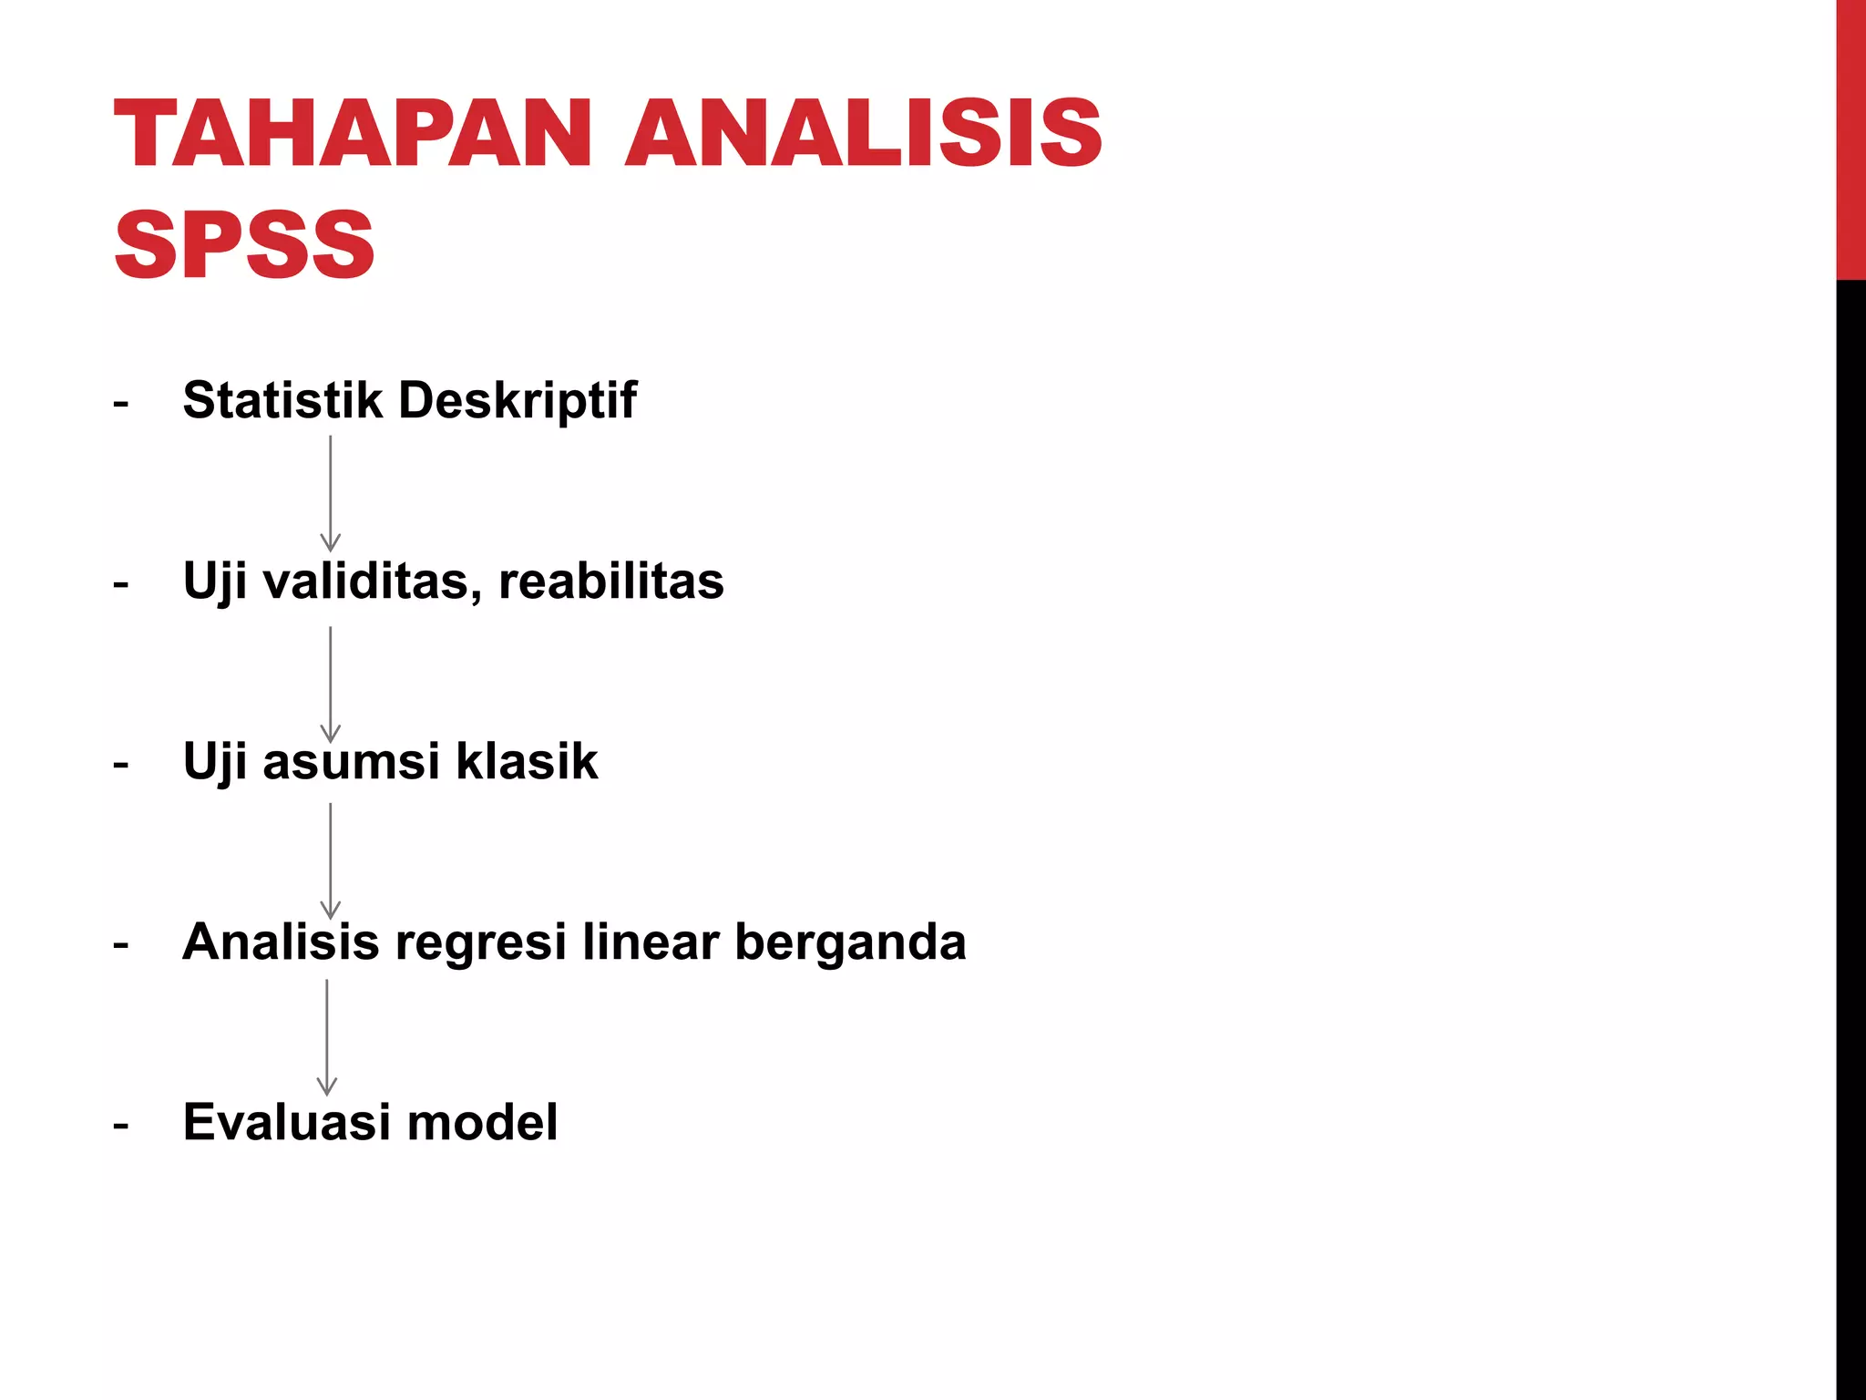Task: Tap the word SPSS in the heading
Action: click(x=244, y=244)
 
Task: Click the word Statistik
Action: click(x=282, y=400)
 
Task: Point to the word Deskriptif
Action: click(x=518, y=400)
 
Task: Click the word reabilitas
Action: click(x=611, y=581)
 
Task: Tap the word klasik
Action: click(x=527, y=761)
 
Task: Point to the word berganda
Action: click(x=850, y=943)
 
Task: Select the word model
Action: click(x=482, y=1122)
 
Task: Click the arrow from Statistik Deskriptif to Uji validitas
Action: click(x=330, y=493)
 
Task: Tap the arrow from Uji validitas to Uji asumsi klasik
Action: click(x=330, y=684)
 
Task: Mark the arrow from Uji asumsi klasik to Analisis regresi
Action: click(x=330, y=860)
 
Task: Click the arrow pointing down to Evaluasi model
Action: click(x=326, y=1037)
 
